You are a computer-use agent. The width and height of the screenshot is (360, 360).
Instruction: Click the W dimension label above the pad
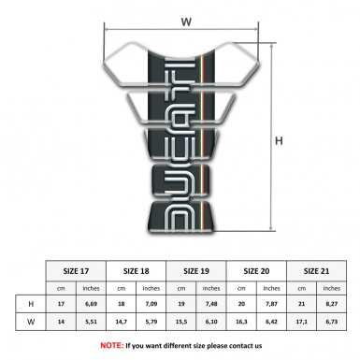pos(185,21)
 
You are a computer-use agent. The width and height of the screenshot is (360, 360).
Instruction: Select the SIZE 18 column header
pos(137,269)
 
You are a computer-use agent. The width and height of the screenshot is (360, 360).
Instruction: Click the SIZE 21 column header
pos(315,269)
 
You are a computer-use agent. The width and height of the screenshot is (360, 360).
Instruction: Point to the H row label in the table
pos(32,304)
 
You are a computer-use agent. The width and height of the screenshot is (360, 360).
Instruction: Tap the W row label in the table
pos(32,322)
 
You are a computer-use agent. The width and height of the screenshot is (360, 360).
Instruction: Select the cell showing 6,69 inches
pos(92,304)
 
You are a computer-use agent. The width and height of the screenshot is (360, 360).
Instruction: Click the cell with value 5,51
pos(92,322)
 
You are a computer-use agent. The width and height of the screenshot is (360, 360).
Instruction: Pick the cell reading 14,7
pos(122,322)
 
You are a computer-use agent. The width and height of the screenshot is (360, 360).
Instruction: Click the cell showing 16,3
pos(241,322)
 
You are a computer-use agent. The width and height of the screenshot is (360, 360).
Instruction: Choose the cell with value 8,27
pos(330,304)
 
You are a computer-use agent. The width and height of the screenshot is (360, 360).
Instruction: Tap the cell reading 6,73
pos(330,322)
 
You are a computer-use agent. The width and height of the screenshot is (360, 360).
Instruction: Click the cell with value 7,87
pos(271,304)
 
